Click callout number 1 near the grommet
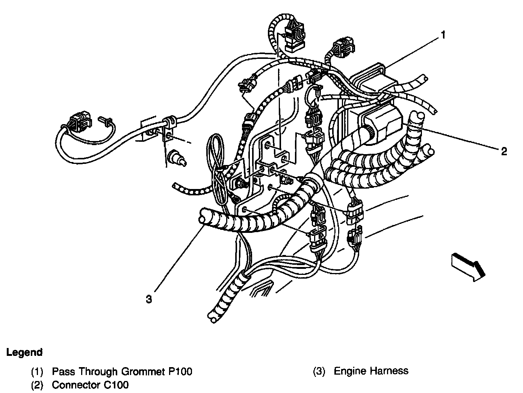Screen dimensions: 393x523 pyautogui.click(x=443, y=35)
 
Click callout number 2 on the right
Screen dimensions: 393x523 pyautogui.click(x=504, y=151)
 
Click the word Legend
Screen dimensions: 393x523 pyautogui.click(x=24, y=352)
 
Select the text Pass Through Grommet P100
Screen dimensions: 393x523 pyautogui.click(x=122, y=372)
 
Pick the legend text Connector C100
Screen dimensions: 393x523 pyautogui.click(x=90, y=385)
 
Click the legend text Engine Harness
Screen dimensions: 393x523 pyautogui.click(x=371, y=371)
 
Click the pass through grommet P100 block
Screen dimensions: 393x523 pyautogui.click(x=372, y=81)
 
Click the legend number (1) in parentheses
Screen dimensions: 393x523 pyautogui.click(x=37, y=372)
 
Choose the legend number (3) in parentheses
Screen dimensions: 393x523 pyautogui.click(x=319, y=371)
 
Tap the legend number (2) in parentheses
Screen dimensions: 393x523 pyautogui.click(x=37, y=385)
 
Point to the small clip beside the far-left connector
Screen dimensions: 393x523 pyautogui.click(x=105, y=120)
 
